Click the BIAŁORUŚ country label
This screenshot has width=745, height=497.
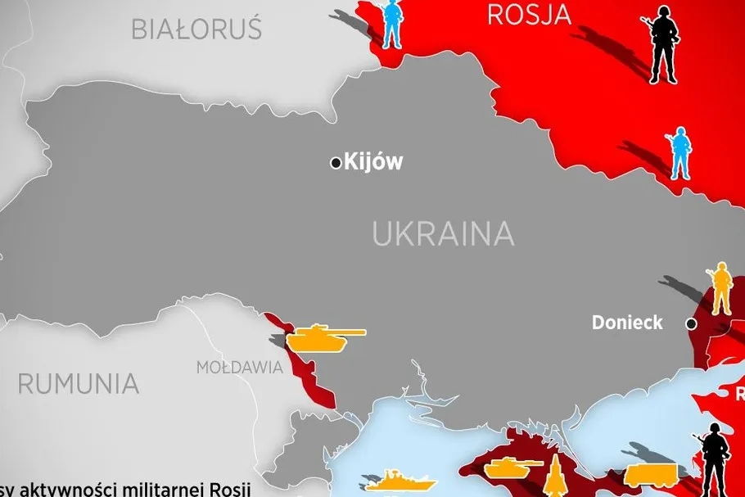point(196,29)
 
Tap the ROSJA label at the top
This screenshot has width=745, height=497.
point(528,14)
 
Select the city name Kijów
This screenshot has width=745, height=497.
point(373,162)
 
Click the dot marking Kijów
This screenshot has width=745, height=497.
point(336,163)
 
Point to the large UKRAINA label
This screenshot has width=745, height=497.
point(443,234)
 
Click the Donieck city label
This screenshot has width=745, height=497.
point(627,323)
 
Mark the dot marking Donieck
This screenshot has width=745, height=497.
point(692,324)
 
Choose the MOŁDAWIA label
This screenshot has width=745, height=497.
point(239,368)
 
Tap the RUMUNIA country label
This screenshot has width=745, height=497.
point(78,383)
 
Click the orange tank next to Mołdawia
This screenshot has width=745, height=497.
point(326,337)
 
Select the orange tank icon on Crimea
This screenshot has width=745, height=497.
point(513,468)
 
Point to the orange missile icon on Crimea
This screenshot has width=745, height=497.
point(555,475)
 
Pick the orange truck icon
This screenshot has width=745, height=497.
point(651,474)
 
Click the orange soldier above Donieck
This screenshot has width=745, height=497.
point(720,288)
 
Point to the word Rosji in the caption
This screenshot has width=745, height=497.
point(229,490)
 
